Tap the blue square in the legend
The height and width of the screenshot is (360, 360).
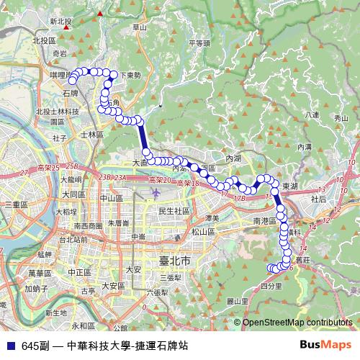9,346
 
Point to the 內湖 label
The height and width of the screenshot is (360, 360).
233,157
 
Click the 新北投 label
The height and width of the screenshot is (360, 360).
62,22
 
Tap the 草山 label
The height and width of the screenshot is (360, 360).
140,27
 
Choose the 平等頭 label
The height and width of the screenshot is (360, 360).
199,43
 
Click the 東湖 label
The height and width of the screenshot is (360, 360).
290,186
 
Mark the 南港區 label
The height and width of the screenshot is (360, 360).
266,221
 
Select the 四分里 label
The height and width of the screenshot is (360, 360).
271,286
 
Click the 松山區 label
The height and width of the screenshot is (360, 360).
204,232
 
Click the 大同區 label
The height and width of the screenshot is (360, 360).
73,194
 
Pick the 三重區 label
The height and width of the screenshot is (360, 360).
17,204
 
